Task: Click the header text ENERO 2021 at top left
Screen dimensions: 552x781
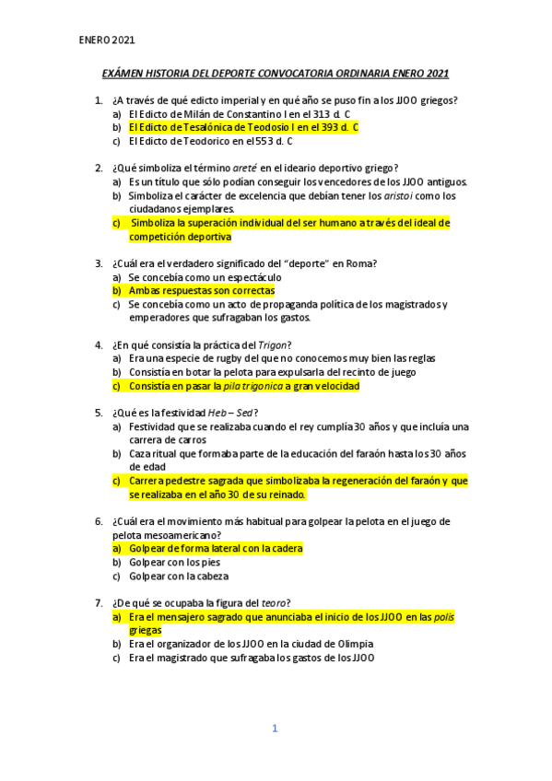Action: point(107,41)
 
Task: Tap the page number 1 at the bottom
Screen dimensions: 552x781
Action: point(274,729)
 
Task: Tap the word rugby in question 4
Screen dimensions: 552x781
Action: point(230,358)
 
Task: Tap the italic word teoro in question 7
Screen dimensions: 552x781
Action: point(275,603)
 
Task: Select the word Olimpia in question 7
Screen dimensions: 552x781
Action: point(344,644)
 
